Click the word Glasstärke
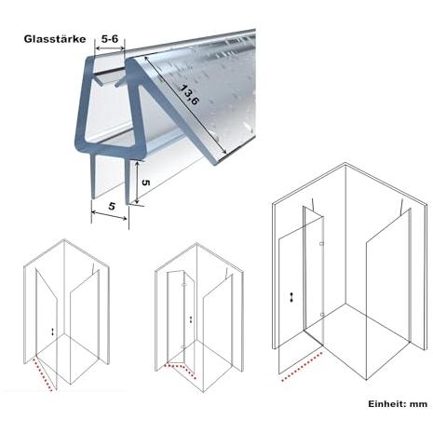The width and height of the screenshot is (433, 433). pyautogui.click(x=55, y=39)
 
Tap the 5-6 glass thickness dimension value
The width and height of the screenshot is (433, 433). pyautogui.click(x=110, y=38)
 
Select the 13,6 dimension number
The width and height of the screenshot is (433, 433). pyautogui.click(x=189, y=95)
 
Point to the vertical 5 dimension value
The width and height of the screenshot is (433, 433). pyautogui.click(x=146, y=183)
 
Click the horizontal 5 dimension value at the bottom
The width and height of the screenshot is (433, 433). pyautogui.click(x=112, y=206)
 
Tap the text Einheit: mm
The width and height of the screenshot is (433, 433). pyautogui.click(x=398, y=404)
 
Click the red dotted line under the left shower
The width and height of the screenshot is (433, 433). pyautogui.click(x=42, y=374)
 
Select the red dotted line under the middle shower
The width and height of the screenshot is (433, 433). pyautogui.click(x=180, y=371)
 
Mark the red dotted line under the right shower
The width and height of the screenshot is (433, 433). pyautogui.click(x=302, y=366)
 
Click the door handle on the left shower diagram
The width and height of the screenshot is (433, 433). pyautogui.click(x=53, y=332)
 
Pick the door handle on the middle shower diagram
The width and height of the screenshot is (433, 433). pyautogui.click(x=191, y=319)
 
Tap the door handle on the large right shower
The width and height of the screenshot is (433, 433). pyautogui.click(x=291, y=297)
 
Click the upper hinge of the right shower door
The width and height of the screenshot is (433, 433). pyautogui.click(x=322, y=244)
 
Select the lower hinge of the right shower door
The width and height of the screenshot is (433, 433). pyautogui.click(x=322, y=315)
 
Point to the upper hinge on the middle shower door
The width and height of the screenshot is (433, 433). pyautogui.click(x=184, y=284)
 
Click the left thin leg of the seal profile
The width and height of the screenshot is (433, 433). pyautogui.click(x=93, y=177)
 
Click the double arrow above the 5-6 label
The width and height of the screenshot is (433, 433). pyautogui.click(x=110, y=48)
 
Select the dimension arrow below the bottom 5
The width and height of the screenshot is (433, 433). pyautogui.click(x=109, y=215)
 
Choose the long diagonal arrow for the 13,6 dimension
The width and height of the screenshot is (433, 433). pyautogui.click(x=185, y=105)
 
